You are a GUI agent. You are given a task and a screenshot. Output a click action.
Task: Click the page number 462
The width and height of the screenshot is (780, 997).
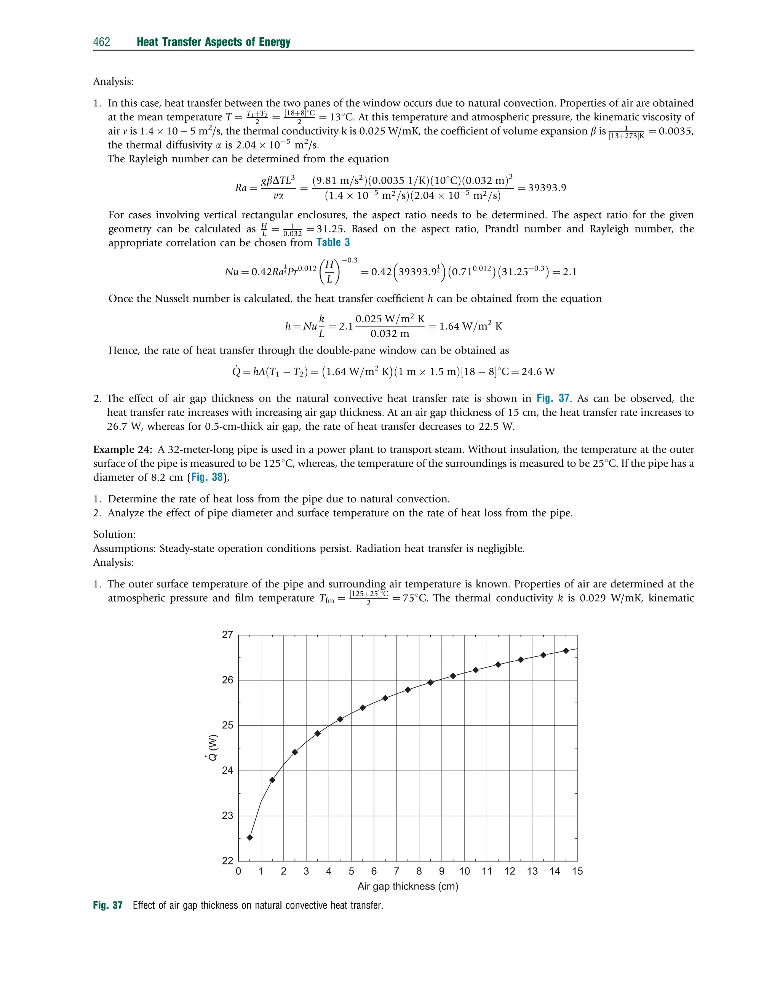(101, 42)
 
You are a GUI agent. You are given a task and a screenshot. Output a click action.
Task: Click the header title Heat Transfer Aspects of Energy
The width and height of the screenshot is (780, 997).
(213, 42)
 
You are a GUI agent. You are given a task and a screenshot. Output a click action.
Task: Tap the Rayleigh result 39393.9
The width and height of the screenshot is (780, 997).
(547, 188)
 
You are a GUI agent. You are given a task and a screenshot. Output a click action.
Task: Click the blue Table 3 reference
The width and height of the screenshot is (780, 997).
(333, 243)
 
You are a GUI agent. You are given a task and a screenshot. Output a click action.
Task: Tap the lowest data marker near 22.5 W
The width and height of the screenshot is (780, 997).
(250, 838)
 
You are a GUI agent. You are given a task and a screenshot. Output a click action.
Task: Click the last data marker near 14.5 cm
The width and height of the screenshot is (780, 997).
(566, 651)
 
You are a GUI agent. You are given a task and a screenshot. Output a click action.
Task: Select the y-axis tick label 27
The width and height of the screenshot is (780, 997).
(227, 635)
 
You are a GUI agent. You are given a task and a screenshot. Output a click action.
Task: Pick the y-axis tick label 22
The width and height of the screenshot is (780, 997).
(227, 861)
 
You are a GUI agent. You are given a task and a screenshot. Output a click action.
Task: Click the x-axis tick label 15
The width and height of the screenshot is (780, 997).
(577, 871)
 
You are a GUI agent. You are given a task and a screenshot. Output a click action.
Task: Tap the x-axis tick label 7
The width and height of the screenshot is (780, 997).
(396, 871)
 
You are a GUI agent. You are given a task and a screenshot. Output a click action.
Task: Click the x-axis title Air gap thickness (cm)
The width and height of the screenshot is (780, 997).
(408, 887)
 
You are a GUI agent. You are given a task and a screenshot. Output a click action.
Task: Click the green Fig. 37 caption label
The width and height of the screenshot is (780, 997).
(108, 905)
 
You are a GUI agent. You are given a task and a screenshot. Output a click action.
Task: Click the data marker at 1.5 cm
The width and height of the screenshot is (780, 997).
(272, 780)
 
